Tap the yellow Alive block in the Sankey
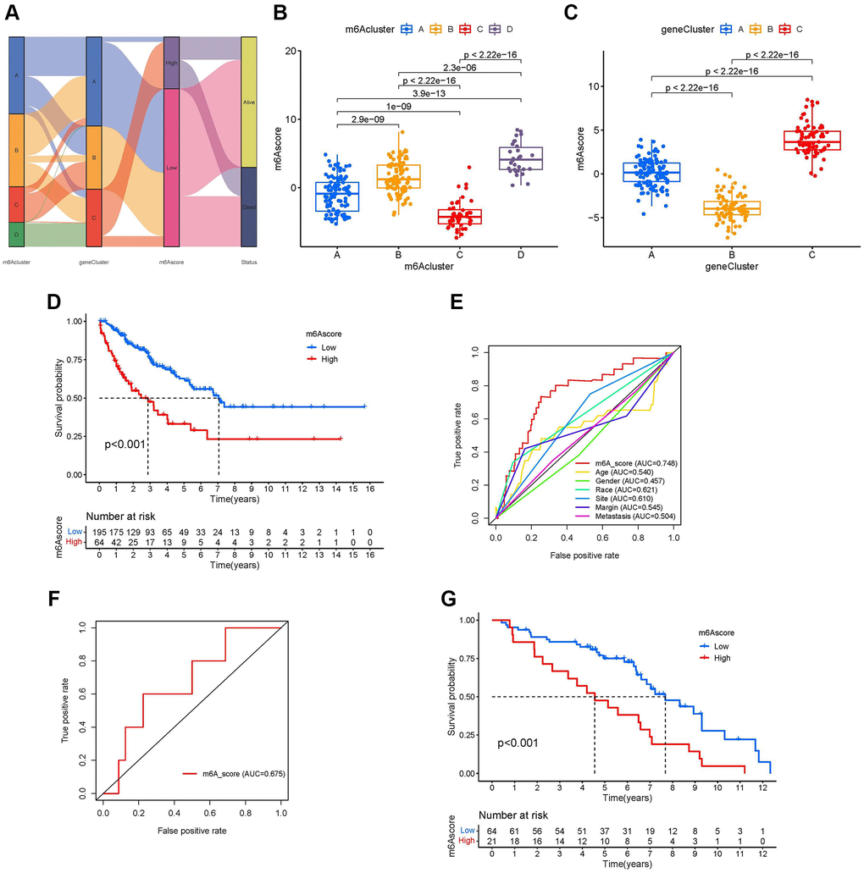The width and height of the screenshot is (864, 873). pyautogui.click(x=250, y=102)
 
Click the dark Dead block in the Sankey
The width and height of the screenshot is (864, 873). pyautogui.click(x=250, y=207)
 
